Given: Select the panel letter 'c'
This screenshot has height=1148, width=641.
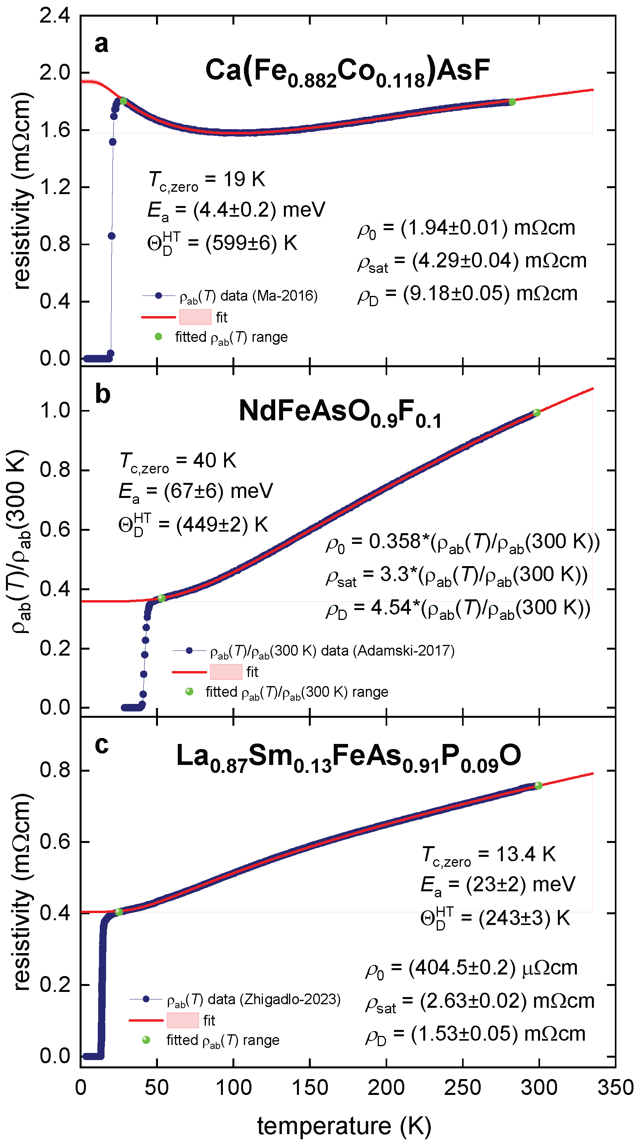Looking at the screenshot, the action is pyautogui.click(x=102, y=745).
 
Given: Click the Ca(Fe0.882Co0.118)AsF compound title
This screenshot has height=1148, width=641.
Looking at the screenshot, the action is pyautogui.click(x=348, y=72).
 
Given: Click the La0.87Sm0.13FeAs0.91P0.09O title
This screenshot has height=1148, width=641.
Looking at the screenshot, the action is pyautogui.click(x=348, y=757).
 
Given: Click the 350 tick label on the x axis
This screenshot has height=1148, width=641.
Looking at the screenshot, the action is pyautogui.click(x=616, y=1087).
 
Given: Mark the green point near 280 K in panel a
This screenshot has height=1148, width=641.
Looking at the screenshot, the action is pyautogui.click(x=512, y=102).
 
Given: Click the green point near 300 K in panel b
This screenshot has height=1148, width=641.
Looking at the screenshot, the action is pyautogui.click(x=537, y=413).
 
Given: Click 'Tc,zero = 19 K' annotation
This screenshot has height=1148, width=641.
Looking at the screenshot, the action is pyautogui.click(x=207, y=181).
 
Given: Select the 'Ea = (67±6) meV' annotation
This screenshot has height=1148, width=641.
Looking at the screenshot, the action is pyautogui.click(x=196, y=492).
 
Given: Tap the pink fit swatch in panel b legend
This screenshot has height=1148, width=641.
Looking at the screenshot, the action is pyautogui.click(x=226, y=671).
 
